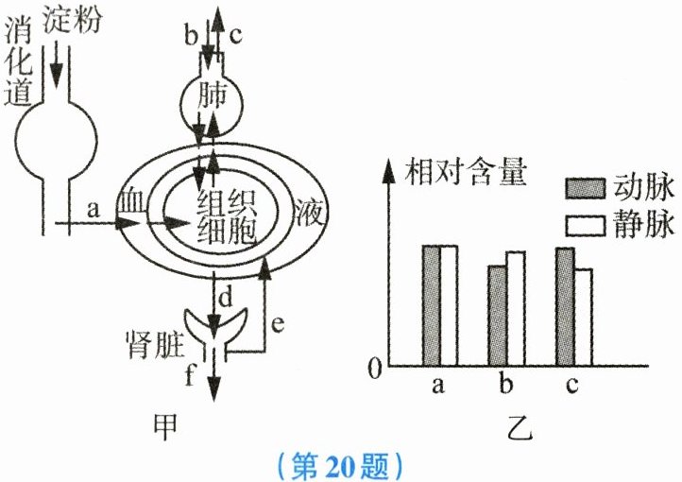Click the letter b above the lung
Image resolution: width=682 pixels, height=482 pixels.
(x=191, y=37)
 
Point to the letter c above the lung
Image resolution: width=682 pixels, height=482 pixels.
(x=236, y=37)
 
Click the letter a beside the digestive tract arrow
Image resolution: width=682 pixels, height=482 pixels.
(x=93, y=210)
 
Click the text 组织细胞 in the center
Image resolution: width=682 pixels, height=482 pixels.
(x=228, y=216)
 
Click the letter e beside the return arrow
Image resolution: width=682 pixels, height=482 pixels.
(x=278, y=324)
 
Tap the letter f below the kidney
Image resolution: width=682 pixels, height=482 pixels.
(x=190, y=378)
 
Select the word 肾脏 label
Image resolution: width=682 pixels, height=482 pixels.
(x=154, y=337)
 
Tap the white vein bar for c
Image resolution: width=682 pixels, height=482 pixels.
(x=583, y=318)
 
